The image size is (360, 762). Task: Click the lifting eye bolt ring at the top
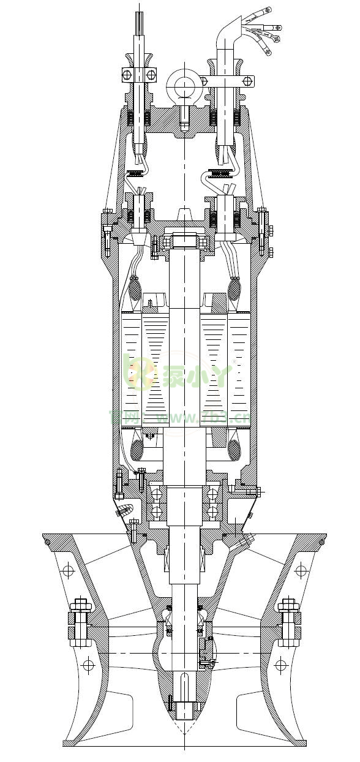pos(182,82)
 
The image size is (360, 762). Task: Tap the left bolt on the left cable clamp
pos(127,75)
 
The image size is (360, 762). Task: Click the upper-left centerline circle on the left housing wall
pos(67,571)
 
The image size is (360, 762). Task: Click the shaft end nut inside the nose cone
pos(184,711)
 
